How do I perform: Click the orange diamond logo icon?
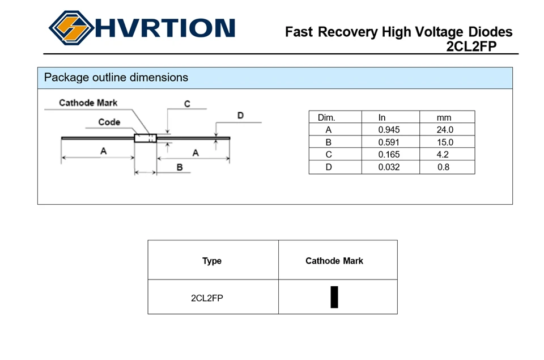[x=71, y=28]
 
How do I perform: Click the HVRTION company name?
[x=165, y=28]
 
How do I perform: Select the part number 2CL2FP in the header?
[x=471, y=46]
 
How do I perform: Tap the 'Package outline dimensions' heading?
[x=116, y=77]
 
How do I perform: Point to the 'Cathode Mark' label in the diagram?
[x=88, y=103]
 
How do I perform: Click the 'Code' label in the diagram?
[x=109, y=122]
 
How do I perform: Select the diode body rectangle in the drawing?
[x=146, y=138]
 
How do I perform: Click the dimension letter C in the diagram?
[x=187, y=104]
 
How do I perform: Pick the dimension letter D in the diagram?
[x=240, y=115]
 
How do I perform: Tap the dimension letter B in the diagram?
[x=180, y=167]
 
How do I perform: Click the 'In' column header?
[x=381, y=118]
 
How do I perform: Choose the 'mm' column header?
[x=444, y=118]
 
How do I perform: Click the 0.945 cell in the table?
[x=389, y=130]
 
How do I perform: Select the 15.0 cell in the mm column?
[x=445, y=142]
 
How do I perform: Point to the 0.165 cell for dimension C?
[x=389, y=154]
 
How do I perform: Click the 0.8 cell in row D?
[x=443, y=167]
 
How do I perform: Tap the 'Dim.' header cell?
[x=326, y=118]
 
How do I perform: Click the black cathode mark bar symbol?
[x=334, y=297]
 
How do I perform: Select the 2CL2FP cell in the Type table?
[x=207, y=298]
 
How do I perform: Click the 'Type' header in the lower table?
[x=212, y=261]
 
